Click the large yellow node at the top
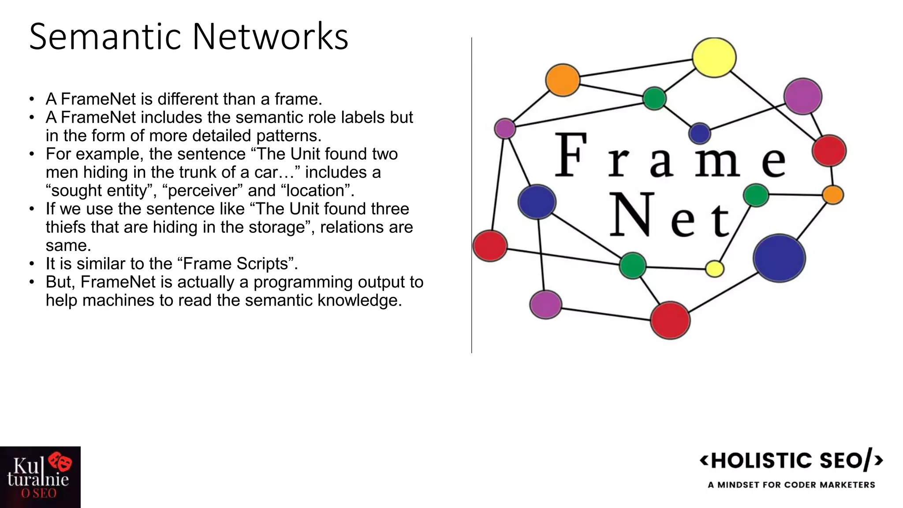coord(714,57)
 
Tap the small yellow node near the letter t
coord(714,269)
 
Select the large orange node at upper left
coord(563,80)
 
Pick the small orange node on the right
coord(833,194)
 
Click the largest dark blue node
coord(779,258)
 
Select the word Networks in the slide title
coord(270,36)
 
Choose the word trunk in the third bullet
coord(197,172)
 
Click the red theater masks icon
coord(60,461)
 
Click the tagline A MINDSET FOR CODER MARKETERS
coord(791,485)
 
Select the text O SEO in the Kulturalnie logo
coord(39,493)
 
